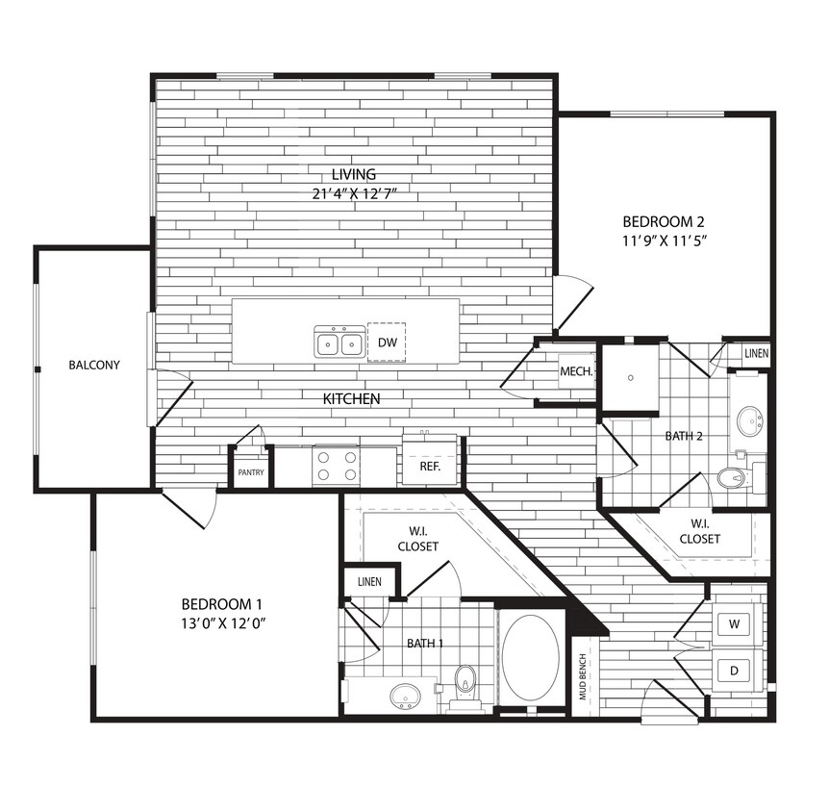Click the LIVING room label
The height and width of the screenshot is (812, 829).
coord(353,174)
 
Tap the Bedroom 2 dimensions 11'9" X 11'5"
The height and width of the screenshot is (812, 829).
coord(664,241)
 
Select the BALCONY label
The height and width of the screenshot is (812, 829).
coord(94,366)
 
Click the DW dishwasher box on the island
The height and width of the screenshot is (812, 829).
coord(387,343)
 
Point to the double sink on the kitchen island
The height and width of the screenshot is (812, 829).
coord(339,343)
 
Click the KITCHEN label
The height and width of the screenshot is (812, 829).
coord(351,398)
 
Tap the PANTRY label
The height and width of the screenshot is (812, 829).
coord(251,472)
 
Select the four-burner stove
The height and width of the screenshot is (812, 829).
coord(337,467)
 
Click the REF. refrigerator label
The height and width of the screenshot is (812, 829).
coord(429,467)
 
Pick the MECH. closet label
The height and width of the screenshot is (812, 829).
coord(575,371)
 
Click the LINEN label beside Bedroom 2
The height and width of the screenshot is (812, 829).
coord(756,354)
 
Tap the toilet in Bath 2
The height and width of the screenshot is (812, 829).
coord(735,477)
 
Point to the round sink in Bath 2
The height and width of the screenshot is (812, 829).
coord(749,420)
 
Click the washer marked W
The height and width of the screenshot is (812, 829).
coord(736,624)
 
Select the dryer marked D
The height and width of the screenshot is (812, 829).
coord(736,669)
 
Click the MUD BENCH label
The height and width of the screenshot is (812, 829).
coord(583,676)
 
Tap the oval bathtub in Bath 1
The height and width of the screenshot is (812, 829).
coord(530,658)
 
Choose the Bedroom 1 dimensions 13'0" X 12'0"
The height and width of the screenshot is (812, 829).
coord(222,622)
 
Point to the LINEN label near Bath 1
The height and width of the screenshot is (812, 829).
coord(369,582)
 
